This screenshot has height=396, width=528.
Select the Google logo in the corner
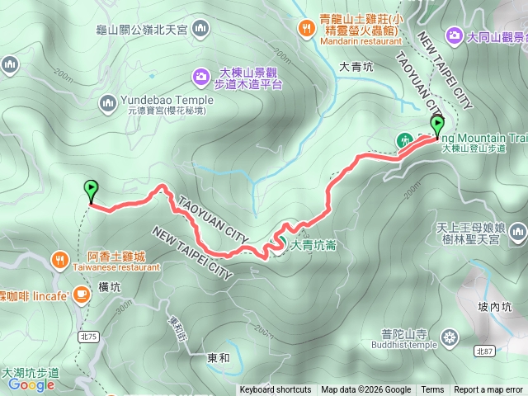point(31,384)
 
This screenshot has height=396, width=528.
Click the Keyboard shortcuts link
point(276,390)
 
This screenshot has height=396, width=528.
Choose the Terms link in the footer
point(432,390)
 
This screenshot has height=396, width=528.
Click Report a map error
point(488,390)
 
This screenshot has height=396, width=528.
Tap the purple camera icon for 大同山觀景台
point(455,35)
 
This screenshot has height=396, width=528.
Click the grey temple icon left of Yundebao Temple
point(108,102)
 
